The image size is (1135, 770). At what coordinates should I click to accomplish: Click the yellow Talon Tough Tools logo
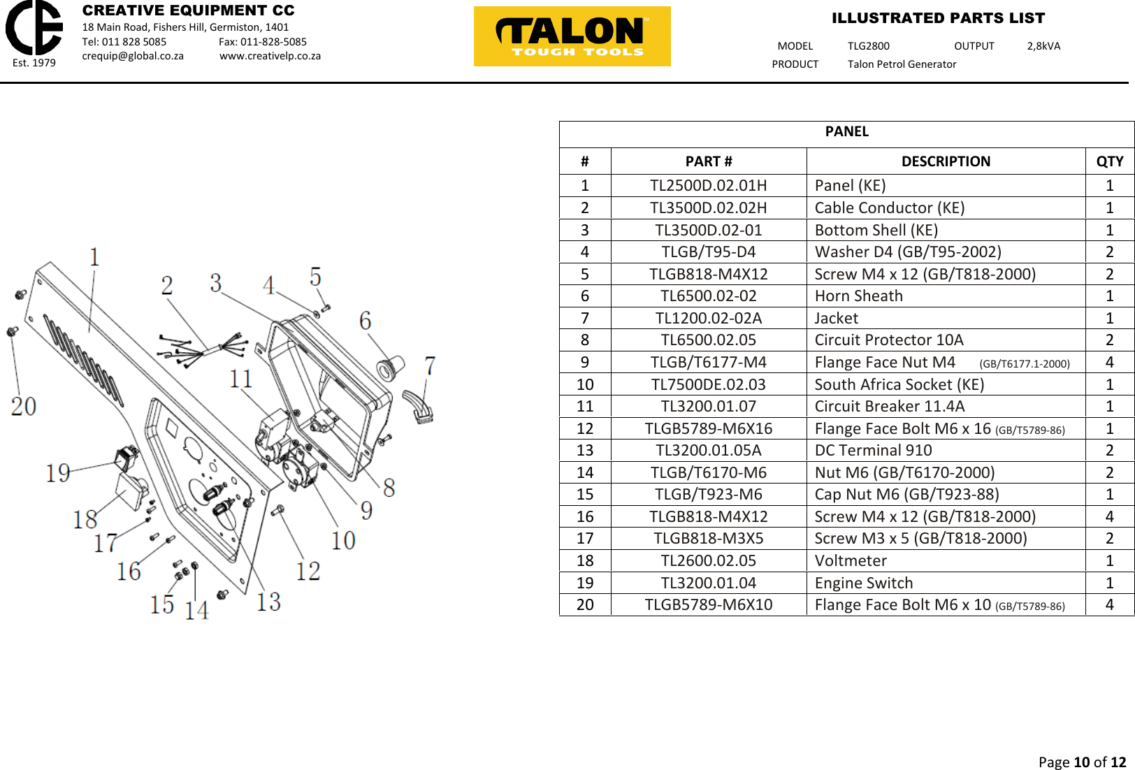pyautogui.click(x=572, y=36)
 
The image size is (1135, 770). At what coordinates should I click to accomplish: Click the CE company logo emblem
pyautogui.click(x=34, y=28)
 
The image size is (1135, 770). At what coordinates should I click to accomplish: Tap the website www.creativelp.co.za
pyautogui.click(x=270, y=56)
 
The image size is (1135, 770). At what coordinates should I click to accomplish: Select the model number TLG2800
pyautogui.click(x=868, y=46)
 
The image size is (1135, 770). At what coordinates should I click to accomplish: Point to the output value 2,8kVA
pyautogui.click(x=1043, y=46)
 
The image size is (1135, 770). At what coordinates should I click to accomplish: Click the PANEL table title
pyautogui.click(x=846, y=132)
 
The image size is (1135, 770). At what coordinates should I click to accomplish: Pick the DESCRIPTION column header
pyautogui.click(x=945, y=161)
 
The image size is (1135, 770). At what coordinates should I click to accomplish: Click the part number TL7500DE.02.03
pyautogui.click(x=708, y=384)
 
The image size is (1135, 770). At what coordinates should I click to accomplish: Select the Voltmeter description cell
pyautogui.click(x=851, y=560)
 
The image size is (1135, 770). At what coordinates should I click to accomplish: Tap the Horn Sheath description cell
pyautogui.click(x=858, y=296)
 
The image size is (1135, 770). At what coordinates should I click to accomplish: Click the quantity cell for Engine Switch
pyautogui.click(x=1109, y=583)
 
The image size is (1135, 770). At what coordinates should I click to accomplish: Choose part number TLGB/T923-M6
pyautogui.click(x=708, y=494)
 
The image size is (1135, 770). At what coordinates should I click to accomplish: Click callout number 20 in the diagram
pyautogui.click(x=24, y=406)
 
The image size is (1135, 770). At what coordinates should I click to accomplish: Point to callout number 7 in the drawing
pyautogui.click(x=430, y=365)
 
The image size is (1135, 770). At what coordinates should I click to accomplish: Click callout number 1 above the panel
pyautogui.click(x=94, y=257)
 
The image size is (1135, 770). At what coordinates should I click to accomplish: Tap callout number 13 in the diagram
pyautogui.click(x=268, y=602)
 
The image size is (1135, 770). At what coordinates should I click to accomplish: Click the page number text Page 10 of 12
pyautogui.click(x=1081, y=762)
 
